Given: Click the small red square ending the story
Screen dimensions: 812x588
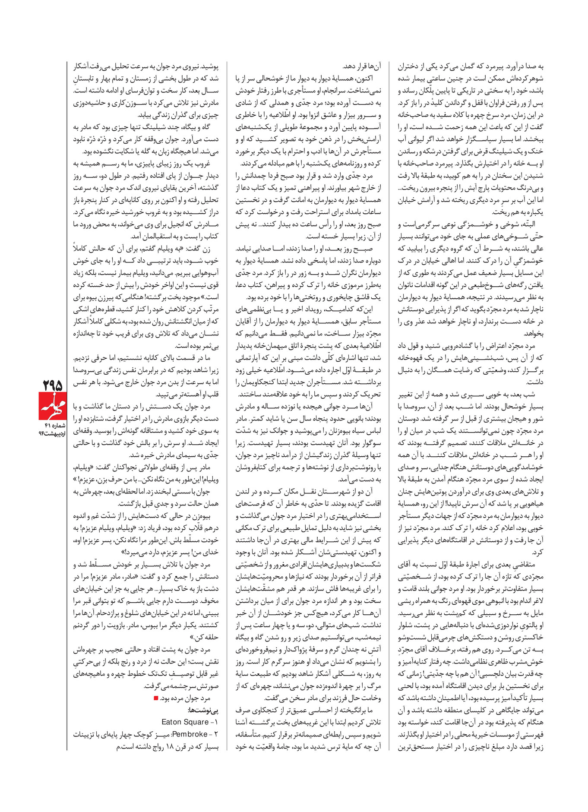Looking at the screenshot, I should tap(156, 698).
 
